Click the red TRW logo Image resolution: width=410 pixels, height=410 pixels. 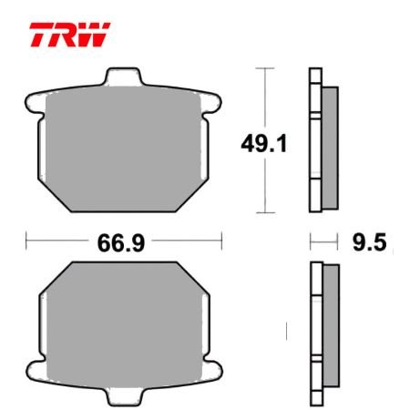69,35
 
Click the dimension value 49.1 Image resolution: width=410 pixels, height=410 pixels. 264,144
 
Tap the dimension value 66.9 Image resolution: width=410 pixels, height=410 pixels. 121,243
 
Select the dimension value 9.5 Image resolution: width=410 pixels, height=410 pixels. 370,242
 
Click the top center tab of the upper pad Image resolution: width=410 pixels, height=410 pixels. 123,77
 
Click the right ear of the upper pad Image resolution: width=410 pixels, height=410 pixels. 211,103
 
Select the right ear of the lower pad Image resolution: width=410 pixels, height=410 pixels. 212,371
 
